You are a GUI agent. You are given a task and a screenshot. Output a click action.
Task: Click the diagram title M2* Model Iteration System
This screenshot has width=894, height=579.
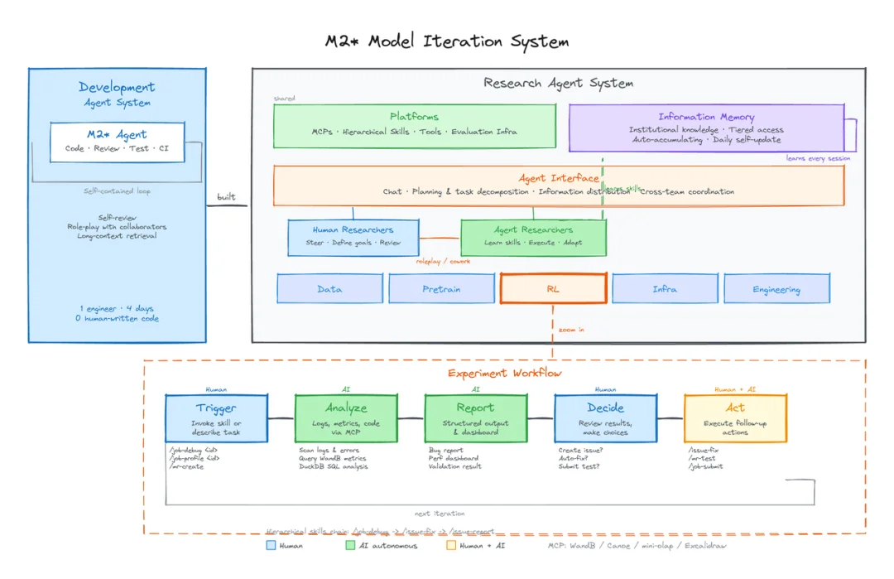(x=447, y=41)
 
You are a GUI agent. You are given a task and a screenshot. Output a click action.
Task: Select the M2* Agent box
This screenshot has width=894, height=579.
(x=117, y=142)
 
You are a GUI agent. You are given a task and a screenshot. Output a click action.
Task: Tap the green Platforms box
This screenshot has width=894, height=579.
(x=415, y=125)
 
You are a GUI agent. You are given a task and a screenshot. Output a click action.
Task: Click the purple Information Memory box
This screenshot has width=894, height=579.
(x=706, y=128)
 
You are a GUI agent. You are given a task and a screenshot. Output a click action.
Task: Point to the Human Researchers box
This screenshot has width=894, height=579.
(x=353, y=237)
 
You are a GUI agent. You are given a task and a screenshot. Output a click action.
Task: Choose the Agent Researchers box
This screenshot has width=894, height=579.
(x=533, y=237)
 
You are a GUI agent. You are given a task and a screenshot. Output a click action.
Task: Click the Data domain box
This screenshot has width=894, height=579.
(x=329, y=289)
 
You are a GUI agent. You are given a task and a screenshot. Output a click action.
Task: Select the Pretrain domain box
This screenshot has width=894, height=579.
(x=442, y=289)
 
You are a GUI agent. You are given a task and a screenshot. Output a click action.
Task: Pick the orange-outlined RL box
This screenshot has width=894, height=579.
(x=553, y=289)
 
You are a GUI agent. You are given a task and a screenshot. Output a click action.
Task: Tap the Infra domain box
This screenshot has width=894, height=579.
(x=665, y=289)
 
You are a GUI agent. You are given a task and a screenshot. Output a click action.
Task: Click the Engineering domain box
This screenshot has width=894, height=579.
(x=776, y=289)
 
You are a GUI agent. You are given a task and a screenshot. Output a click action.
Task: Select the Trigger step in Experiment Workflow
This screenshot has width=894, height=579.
(x=216, y=418)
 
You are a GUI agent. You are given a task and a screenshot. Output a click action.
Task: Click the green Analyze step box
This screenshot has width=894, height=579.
(x=346, y=418)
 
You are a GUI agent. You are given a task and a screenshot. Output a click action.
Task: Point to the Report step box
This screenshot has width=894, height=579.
(x=475, y=418)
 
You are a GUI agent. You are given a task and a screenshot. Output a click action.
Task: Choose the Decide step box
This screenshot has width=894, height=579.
(x=605, y=418)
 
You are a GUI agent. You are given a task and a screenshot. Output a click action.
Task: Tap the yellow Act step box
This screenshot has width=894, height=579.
(x=735, y=418)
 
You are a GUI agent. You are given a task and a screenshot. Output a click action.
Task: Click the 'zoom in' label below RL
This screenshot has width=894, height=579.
(x=571, y=329)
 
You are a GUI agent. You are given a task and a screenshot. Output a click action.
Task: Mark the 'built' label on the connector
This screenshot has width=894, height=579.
(x=226, y=197)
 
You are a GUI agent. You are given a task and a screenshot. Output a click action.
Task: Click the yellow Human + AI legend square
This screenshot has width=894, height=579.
(x=451, y=546)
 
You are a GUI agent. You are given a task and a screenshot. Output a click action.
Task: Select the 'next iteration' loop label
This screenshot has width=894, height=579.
(x=440, y=514)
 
